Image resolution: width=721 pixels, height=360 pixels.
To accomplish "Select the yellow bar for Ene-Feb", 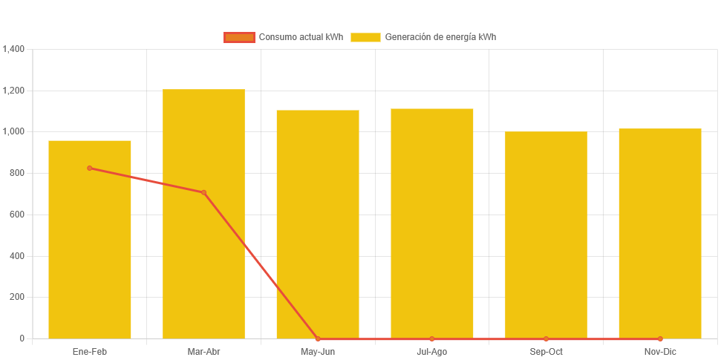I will pos(89,245).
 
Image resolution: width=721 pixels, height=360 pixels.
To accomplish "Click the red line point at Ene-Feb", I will pos(90,168).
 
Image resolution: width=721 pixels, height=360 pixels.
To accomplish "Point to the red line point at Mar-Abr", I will pos(203,193).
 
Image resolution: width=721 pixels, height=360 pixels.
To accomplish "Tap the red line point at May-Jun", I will pos(318,338).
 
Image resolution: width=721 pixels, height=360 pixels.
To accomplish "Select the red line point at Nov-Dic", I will pos(660,338).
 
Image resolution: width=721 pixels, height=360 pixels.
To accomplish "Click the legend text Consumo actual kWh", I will pos(301,37).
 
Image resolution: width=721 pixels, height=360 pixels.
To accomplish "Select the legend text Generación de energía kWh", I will pos(440,37).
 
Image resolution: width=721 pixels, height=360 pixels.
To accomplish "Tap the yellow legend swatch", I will pos(365,37).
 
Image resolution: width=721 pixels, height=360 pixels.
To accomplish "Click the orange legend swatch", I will pos(239,37).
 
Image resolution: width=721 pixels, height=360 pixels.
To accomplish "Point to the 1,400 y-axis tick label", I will pos(14,49).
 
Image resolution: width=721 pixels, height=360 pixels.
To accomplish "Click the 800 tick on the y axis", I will pos(17,173).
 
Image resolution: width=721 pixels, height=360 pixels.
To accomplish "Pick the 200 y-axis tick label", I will pos(17,297).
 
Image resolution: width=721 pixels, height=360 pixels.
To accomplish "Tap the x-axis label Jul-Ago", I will pos(432,351).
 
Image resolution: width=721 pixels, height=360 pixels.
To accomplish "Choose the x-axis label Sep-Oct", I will pos(546,351).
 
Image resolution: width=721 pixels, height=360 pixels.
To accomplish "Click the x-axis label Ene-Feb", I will pos(90,351).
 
